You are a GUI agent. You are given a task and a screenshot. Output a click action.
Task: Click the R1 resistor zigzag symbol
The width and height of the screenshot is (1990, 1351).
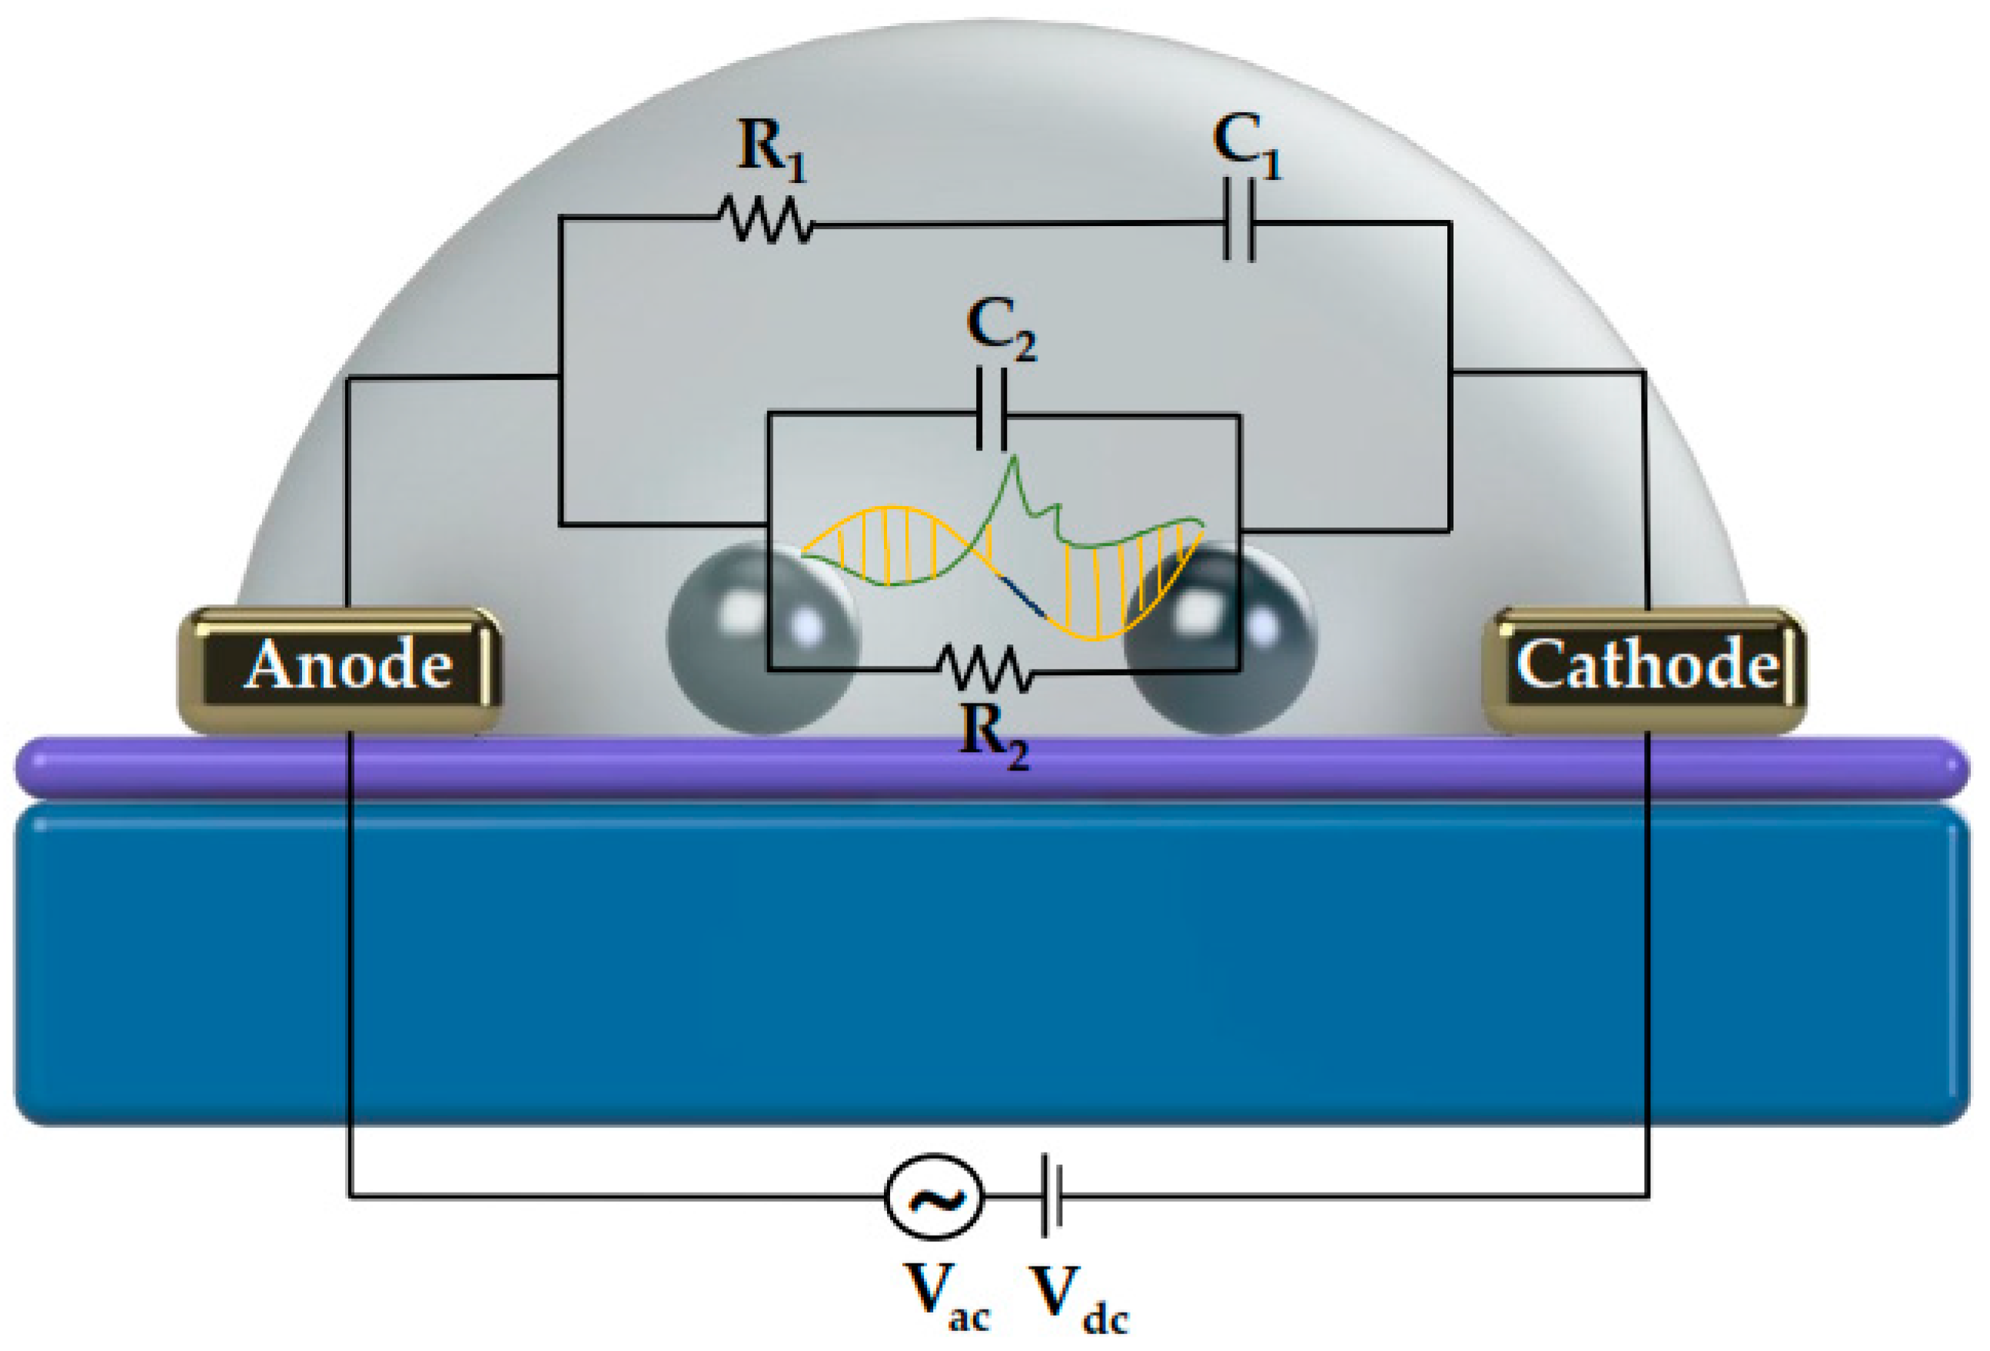pyautogui.click(x=765, y=220)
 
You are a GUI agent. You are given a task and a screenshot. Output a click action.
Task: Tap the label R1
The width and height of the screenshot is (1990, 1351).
pyautogui.click(x=771, y=151)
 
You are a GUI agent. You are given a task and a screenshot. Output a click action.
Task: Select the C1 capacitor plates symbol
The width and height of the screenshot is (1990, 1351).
pyautogui.click(x=1239, y=219)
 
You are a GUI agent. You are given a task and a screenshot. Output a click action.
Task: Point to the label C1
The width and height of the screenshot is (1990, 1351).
pyautogui.click(x=1245, y=145)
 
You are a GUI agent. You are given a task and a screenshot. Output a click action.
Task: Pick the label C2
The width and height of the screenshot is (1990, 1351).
pyautogui.click(x=1000, y=328)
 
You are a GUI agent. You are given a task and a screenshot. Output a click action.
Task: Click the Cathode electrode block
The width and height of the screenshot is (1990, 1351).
pyautogui.click(x=1644, y=669)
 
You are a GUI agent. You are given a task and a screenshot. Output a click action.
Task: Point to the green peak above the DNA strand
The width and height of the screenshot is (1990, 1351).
pyautogui.click(x=1015, y=467)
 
